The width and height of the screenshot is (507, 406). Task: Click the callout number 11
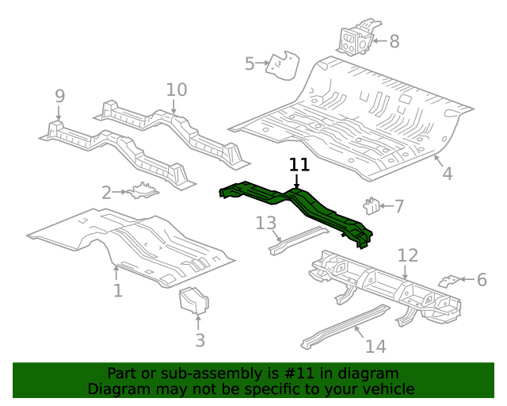pyautogui.click(x=299, y=165)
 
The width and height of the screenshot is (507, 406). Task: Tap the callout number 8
pyautogui.click(x=394, y=41)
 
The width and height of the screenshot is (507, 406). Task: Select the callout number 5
pyautogui.click(x=250, y=64)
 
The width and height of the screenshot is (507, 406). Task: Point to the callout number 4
pyautogui.click(x=447, y=174)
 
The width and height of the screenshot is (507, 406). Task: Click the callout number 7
pyautogui.click(x=398, y=207)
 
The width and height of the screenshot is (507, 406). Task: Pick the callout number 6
pyautogui.click(x=481, y=279)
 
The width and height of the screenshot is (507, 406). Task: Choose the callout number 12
pyautogui.click(x=407, y=255)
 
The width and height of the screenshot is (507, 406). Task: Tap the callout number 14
pyautogui.click(x=375, y=347)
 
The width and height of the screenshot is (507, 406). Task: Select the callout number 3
pyautogui.click(x=200, y=340)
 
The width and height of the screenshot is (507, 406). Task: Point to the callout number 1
pyautogui.click(x=117, y=291)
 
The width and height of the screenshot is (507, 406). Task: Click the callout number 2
pyautogui.click(x=106, y=192)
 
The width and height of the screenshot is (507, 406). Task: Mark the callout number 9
pyautogui.click(x=59, y=96)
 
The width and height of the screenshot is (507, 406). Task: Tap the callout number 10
pyautogui.click(x=176, y=90)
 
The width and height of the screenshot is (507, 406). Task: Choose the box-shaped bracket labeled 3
pyautogui.click(x=194, y=301)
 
